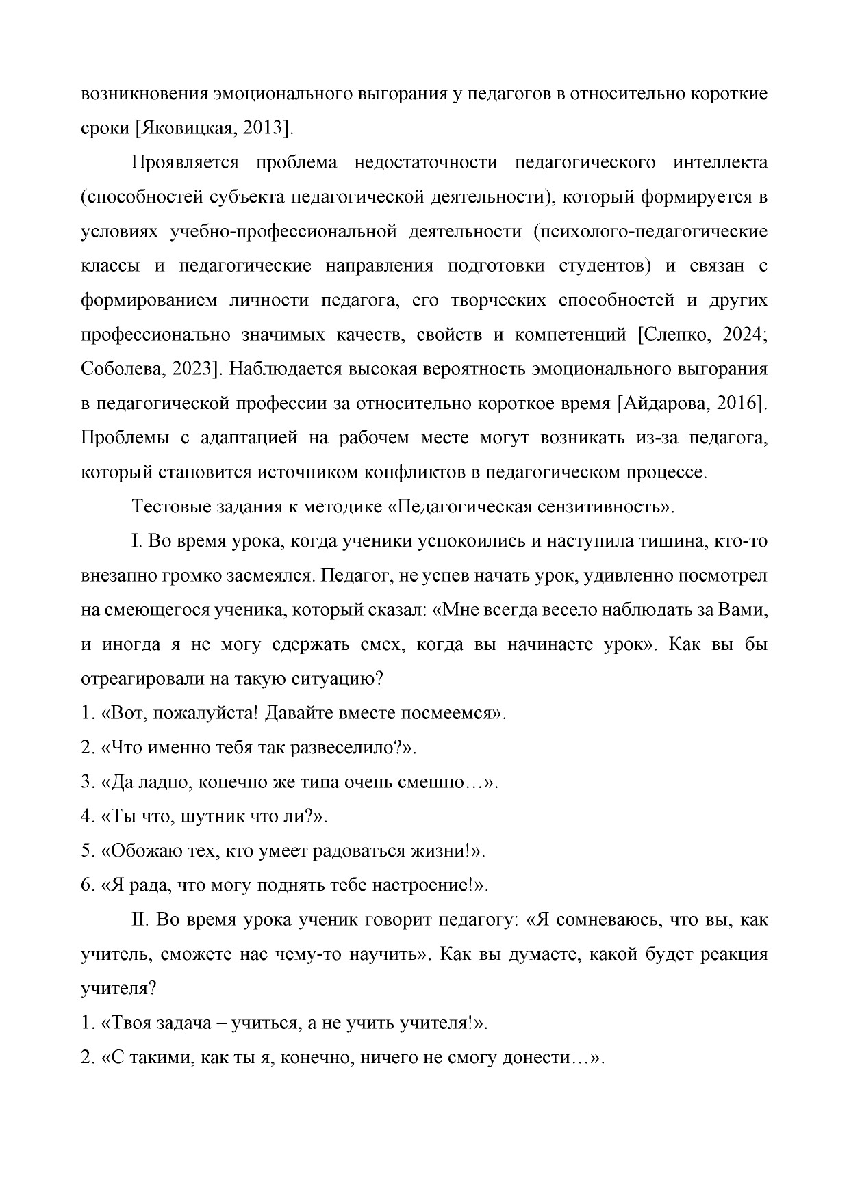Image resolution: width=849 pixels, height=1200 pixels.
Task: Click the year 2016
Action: click(x=738, y=404)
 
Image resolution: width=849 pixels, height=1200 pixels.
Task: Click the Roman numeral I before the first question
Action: click(x=136, y=542)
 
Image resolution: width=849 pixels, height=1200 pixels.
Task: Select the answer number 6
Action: click(x=86, y=885)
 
